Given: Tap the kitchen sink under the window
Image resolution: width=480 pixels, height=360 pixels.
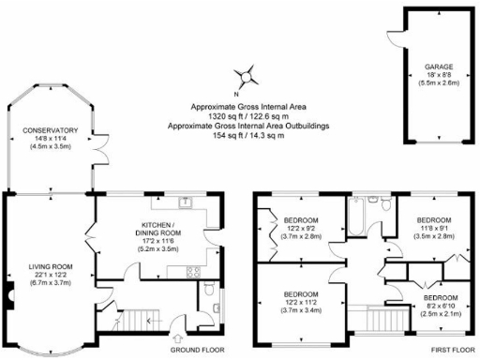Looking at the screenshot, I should click(186, 202).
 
